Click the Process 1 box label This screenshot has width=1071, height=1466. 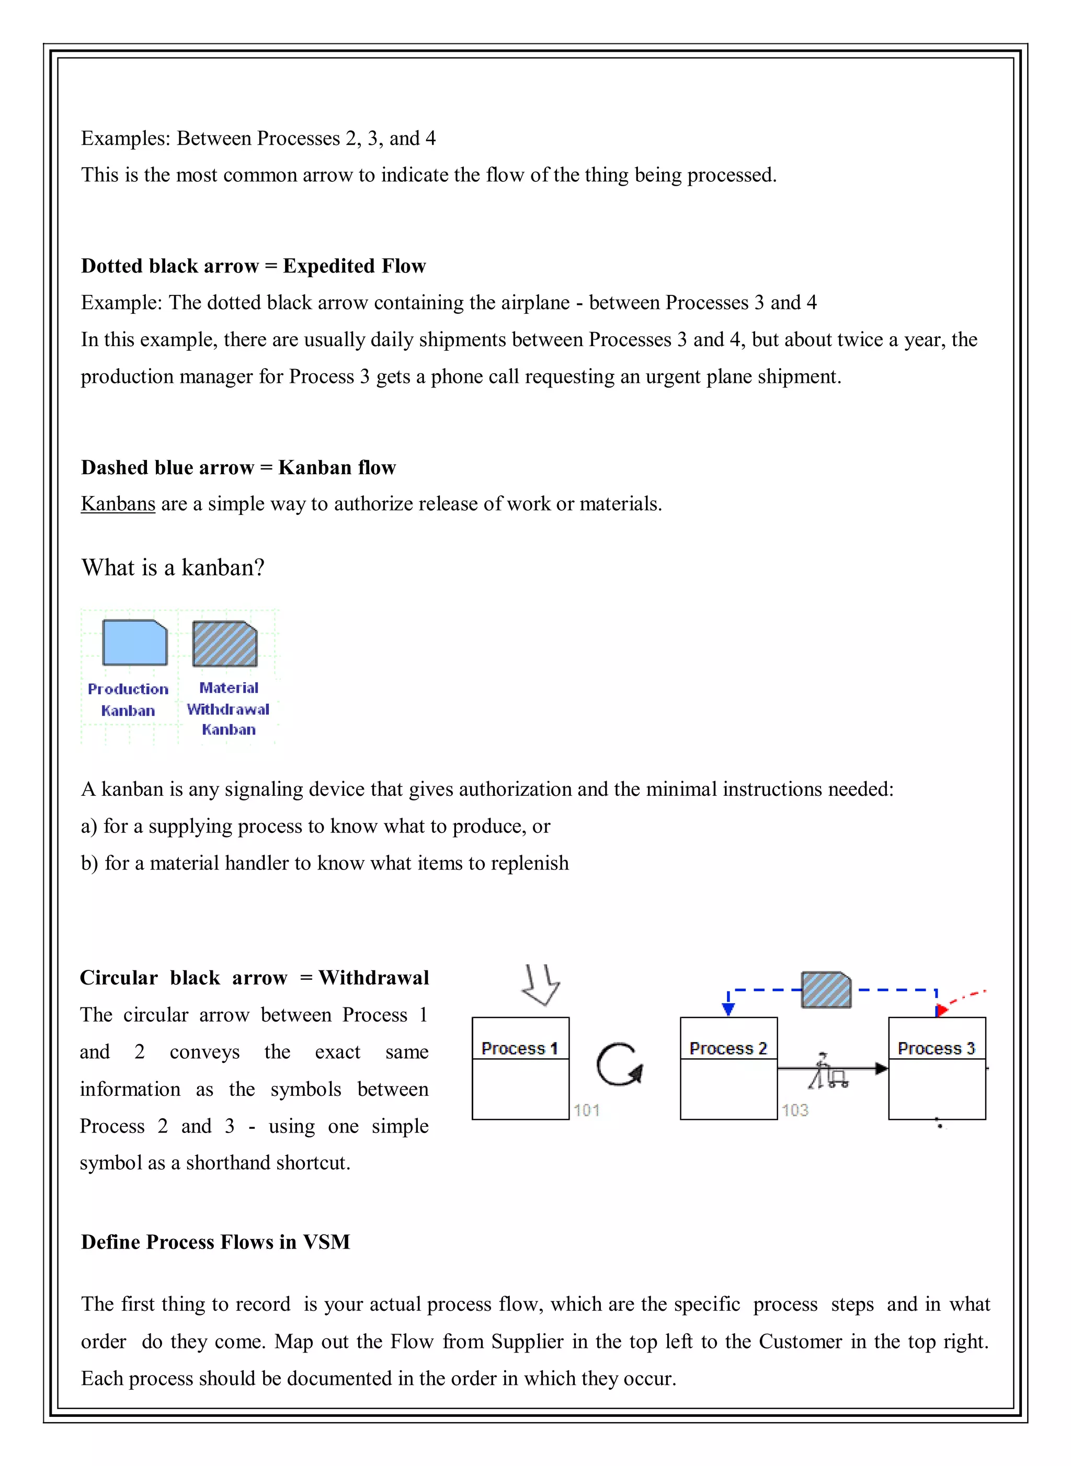point(519,1048)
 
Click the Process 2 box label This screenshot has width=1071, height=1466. point(727,1048)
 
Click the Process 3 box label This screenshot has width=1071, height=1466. point(936,1048)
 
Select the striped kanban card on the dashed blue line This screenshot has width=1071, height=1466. point(826,990)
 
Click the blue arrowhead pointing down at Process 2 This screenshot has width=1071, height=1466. point(728,1009)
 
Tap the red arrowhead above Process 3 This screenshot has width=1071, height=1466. point(941,1010)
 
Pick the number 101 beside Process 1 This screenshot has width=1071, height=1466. point(586,1110)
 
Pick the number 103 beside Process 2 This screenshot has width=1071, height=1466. point(794,1110)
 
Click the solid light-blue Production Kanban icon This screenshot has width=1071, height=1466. point(135,642)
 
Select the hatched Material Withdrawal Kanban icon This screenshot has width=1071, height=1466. point(224,644)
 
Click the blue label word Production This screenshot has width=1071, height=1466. point(128,689)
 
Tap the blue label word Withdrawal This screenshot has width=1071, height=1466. point(227,709)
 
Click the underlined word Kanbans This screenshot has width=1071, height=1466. point(118,503)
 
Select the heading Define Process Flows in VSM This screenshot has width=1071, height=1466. point(215,1242)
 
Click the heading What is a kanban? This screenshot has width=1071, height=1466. point(173,568)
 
